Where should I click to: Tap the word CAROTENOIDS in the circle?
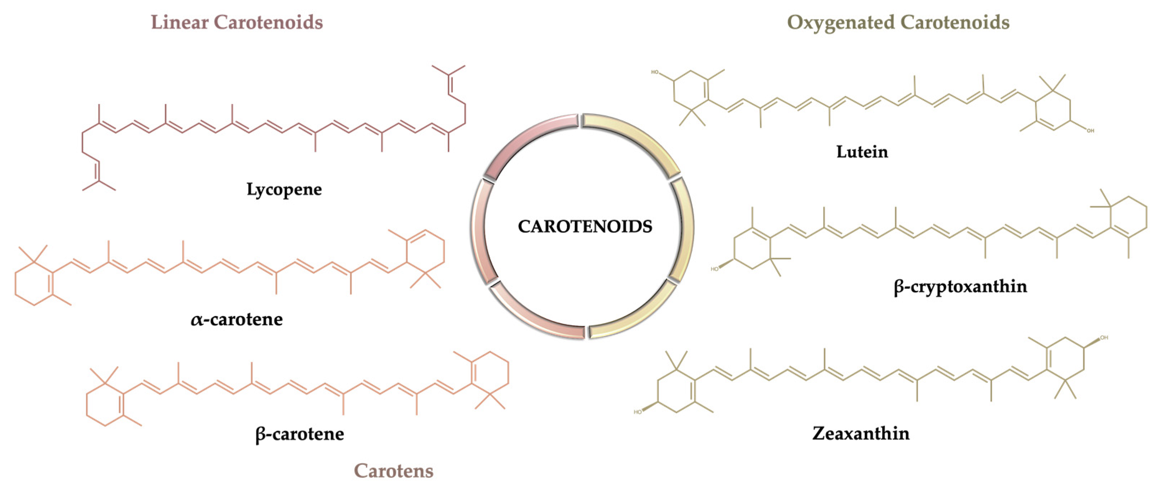585,226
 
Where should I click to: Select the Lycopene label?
284,189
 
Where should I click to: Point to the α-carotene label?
237,319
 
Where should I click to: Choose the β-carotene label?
300,434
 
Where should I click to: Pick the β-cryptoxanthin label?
960,287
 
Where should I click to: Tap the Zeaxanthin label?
861,433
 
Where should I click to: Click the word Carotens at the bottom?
393,471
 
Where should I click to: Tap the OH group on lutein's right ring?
1090,131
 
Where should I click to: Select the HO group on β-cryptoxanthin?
715,269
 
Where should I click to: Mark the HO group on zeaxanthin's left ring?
638,412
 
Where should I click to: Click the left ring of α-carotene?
34,283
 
